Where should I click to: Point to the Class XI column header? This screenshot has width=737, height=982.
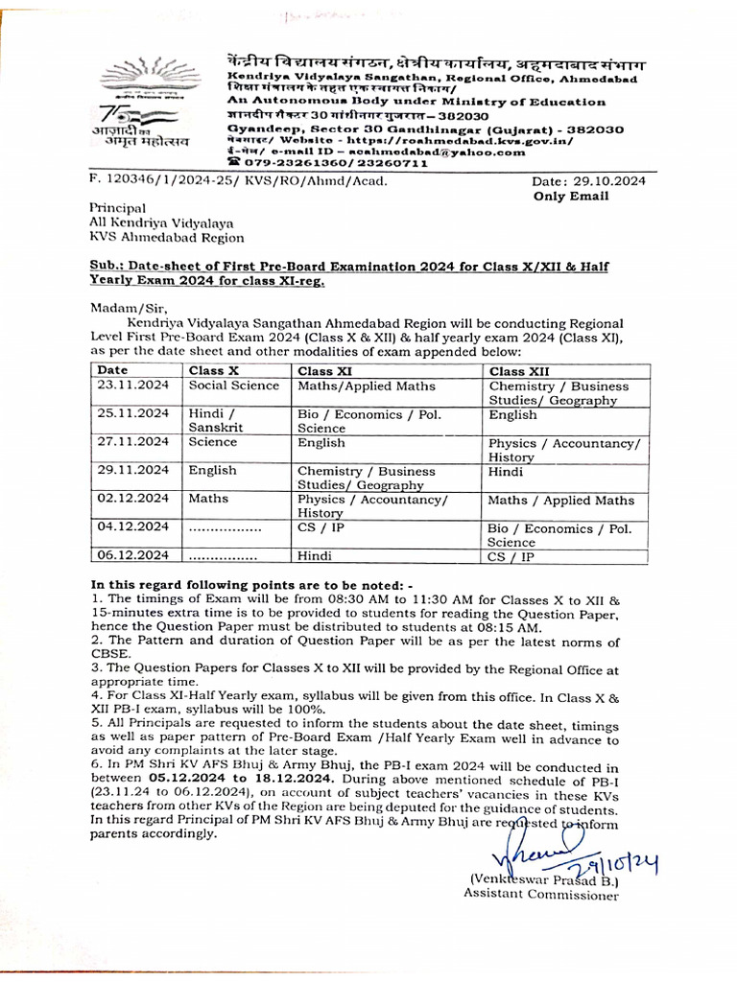[x=324, y=371]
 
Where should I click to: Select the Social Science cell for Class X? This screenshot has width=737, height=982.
[x=233, y=386]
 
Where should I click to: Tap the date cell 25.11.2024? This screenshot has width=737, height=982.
[x=132, y=414]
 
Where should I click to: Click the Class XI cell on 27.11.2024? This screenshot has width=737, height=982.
[x=321, y=443]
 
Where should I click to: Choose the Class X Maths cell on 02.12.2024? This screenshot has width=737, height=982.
[x=208, y=500]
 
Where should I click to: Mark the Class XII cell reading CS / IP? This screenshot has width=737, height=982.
[x=510, y=555]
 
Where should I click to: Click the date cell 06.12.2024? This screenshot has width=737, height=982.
[x=132, y=555]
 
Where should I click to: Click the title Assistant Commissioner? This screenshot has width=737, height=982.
[x=541, y=895]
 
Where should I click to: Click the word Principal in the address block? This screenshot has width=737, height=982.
[x=117, y=207]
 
